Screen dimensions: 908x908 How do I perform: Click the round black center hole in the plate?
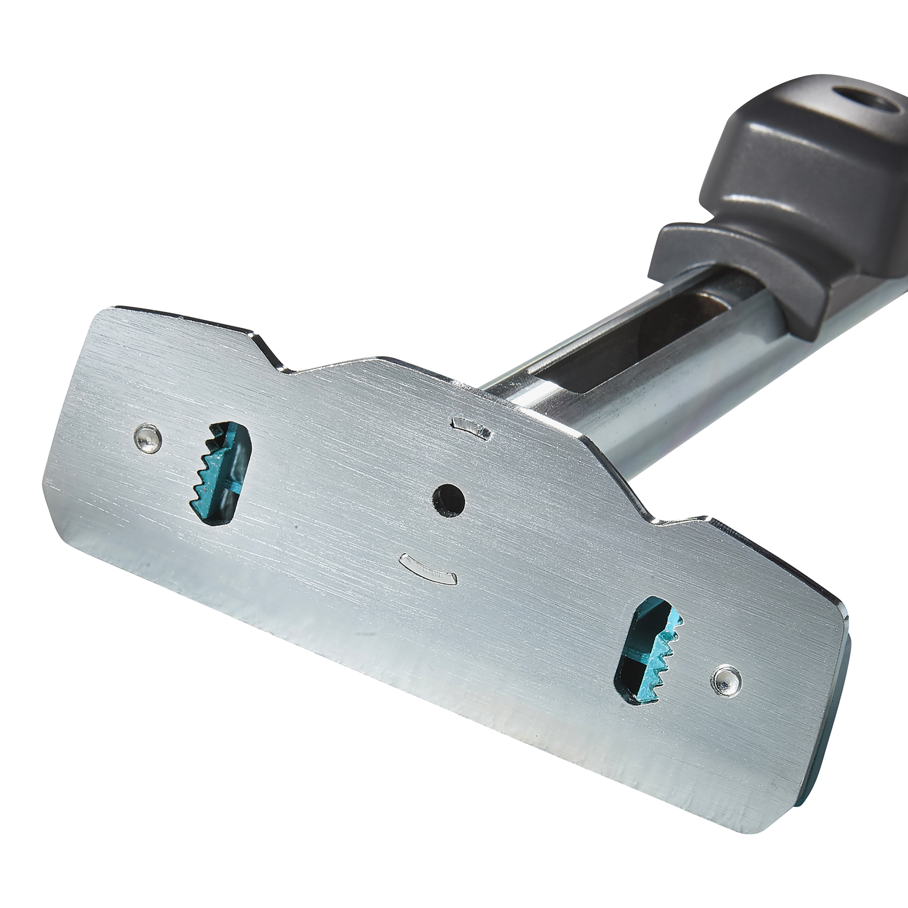tap(448, 501)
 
